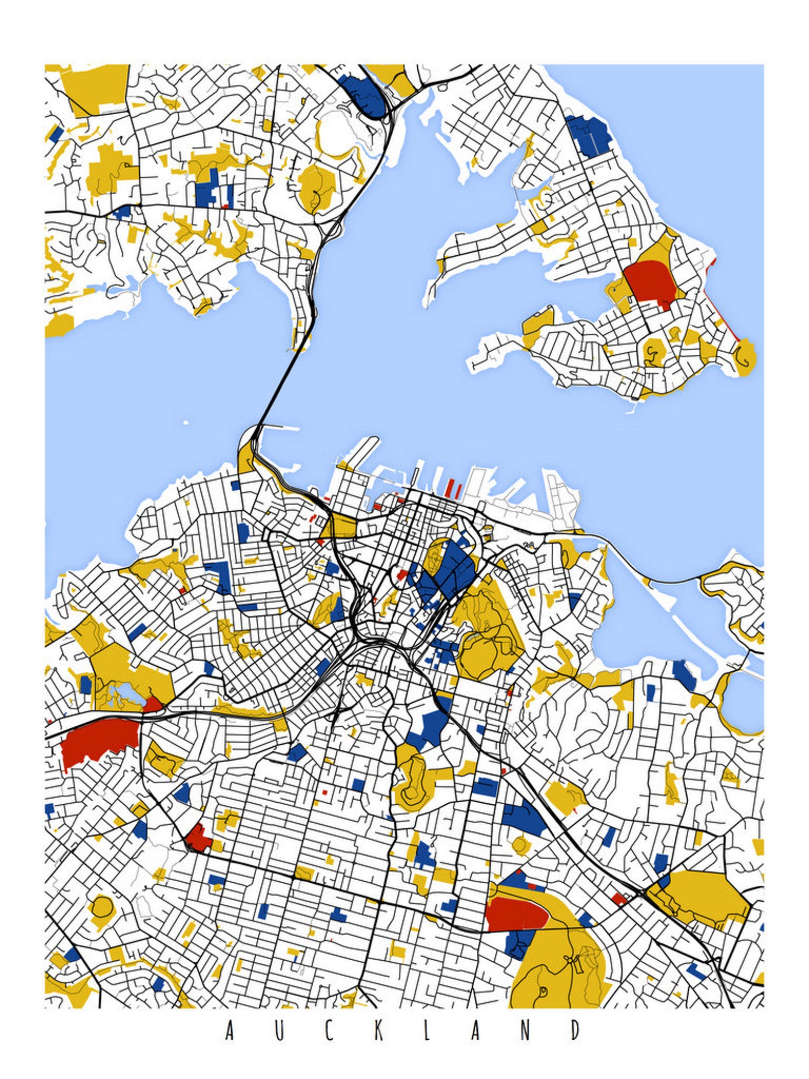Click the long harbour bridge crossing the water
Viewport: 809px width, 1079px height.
tap(279, 382)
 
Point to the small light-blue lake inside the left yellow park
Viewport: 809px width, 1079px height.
tap(121, 693)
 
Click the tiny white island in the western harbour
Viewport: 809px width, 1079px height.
tap(186, 423)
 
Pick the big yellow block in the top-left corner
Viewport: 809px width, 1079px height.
tap(97, 87)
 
